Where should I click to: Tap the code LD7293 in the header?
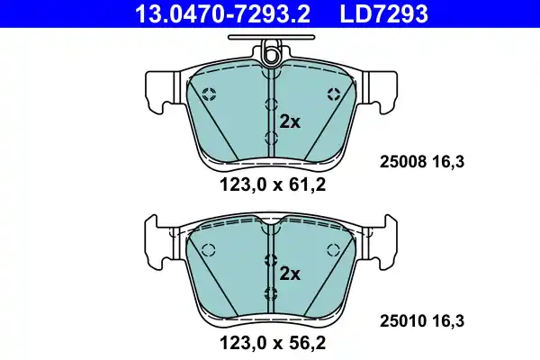click(x=382, y=13)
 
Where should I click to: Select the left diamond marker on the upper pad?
click(x=209, y=93)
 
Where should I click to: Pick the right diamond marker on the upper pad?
click(x=334, y=93)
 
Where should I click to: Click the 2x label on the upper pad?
click(x=288, y=122)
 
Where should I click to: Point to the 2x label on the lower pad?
click(x=288, y=273)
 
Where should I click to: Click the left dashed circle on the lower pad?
click(x=208, y=250)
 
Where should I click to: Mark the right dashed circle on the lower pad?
click(x=334, y=250)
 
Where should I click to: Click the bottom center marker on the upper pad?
click(x=270, y=137)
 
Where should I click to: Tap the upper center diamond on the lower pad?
click(x=270, y=260)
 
